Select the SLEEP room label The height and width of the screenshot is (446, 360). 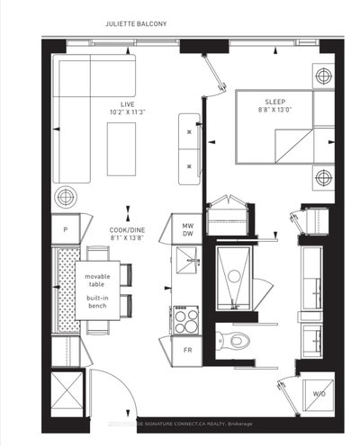[275, 103]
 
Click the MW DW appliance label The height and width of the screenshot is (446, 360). [189, 231]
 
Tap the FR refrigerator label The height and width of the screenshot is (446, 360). [188, 349]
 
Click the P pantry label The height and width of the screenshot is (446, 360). [66, 229]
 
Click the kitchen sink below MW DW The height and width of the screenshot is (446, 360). [187, 261]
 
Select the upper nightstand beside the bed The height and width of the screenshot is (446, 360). [322, 76]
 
